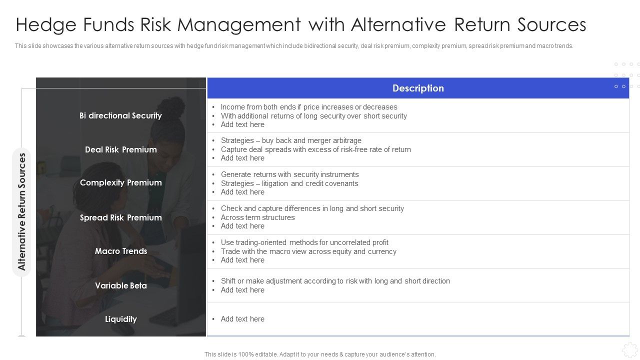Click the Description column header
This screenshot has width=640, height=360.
click(x=418, y=88)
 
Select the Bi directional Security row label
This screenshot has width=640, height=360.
click(x=120, y=115)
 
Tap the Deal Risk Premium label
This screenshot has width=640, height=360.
click(x=120, y=149)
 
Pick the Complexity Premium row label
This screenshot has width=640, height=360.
click(x=120, y=183)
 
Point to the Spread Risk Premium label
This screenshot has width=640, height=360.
click(x=120, y=217)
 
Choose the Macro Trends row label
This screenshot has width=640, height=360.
click(x=120, y=251)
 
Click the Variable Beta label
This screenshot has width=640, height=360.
click(x=120, y=285)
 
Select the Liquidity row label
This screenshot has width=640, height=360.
click(x=120, y=319)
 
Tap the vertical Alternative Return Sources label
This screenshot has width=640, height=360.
click(x=21, y=211)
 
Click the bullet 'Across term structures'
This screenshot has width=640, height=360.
click(x=257, y=217)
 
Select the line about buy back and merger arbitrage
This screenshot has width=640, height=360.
click(x=291, y=140)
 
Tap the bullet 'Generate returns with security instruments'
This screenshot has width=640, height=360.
click(x=289, y=174)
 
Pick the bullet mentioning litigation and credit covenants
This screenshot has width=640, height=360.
click(x=289, y=183)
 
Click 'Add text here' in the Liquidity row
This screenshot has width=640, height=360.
click(x=242, y=319)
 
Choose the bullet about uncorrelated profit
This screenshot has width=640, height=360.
click(x=304, y=242)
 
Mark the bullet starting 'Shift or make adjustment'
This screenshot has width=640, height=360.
click(x=335, y=281)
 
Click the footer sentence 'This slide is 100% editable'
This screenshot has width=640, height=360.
click(x=320, y=354)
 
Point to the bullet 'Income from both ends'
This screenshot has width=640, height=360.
click(x=309, y=107)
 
